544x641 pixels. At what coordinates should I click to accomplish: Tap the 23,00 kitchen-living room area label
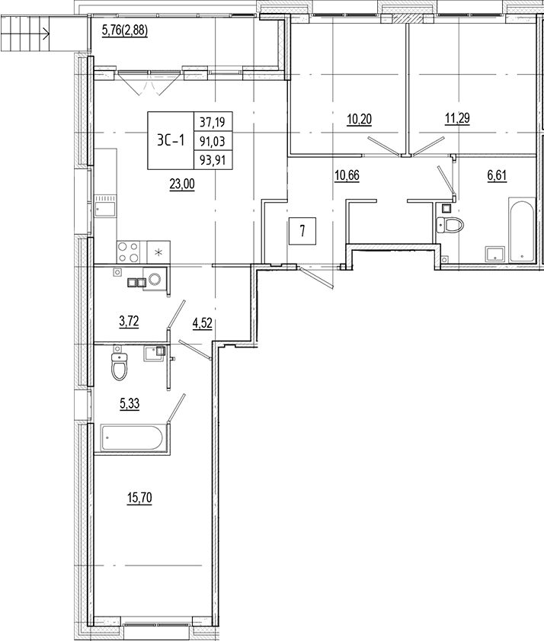coord(182,184)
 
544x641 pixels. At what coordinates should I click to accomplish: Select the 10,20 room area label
coord(360,120)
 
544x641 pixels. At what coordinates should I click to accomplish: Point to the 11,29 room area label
coord(457,119)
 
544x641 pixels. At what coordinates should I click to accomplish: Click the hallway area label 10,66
coord(347,176)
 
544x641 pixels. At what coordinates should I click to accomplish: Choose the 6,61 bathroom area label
coord(497,176)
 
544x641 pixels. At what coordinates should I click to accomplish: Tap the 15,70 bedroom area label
coord(139,498)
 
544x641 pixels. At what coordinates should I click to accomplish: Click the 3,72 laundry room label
coord(130,322)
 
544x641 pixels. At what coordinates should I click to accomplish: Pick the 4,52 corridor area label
coord(203,323)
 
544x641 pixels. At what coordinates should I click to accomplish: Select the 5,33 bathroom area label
coord(130,404)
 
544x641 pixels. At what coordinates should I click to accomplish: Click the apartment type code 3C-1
coord(171,141)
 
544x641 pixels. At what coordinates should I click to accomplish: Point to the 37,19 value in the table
coord(213,122)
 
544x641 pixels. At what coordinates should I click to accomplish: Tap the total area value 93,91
coord(213,159)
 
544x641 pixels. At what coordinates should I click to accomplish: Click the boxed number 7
coord(302,231)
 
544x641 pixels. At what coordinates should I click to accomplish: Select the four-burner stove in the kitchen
coord(129,252)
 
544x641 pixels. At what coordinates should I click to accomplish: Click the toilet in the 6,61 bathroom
coord(450,224)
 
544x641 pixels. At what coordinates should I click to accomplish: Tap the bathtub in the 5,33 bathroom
coord(133,438)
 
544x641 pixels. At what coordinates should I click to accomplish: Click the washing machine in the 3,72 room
coord(155,280)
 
